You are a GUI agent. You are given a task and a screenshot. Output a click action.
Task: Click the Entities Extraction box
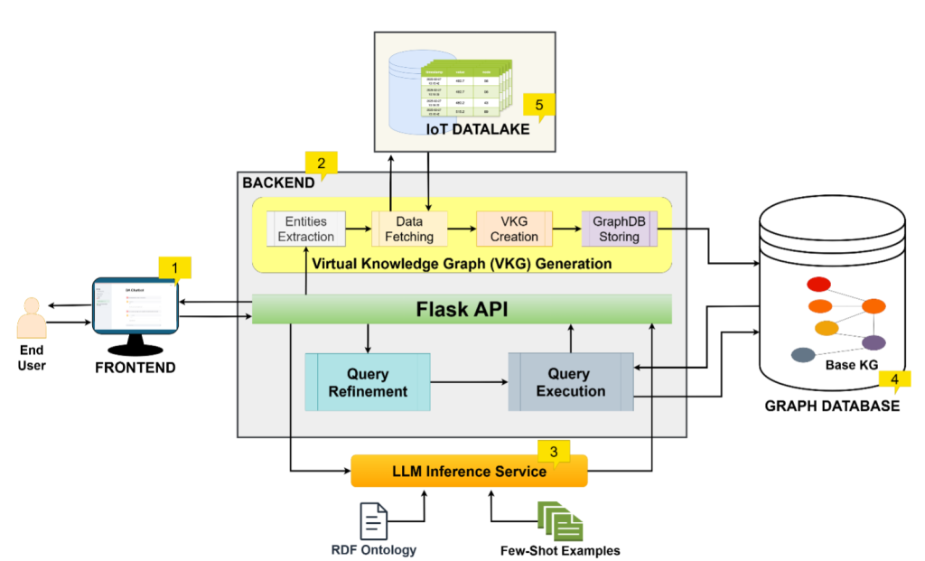click(306, 229)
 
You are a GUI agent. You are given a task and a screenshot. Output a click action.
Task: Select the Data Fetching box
click(408, 229)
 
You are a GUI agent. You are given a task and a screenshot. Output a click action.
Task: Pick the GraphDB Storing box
click(620, 229)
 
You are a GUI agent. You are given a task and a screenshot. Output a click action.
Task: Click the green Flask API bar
click(462, 309)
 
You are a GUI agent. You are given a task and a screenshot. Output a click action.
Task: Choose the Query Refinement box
click(368, 382)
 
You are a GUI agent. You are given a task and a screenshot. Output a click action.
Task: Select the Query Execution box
click(571, 382)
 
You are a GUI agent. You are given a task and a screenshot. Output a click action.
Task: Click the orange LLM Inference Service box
click(469, 472)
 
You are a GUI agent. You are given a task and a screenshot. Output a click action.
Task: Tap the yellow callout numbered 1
click(175, 266)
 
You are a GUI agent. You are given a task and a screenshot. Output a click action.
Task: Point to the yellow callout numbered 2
click(322, 162)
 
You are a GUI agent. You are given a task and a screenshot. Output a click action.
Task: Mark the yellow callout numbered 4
click(894, 380)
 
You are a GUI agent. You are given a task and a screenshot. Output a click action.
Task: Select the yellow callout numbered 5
click(539, 105)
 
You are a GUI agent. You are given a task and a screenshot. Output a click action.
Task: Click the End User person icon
click(32, 318)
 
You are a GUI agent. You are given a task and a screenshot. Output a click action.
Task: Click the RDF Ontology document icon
click(374, 521)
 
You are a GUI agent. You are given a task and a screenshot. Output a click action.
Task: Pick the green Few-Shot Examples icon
click(560, 521)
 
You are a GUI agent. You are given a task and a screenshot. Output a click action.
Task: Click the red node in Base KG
click(818, 285)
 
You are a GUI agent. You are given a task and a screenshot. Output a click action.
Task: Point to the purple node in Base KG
click(873, 342)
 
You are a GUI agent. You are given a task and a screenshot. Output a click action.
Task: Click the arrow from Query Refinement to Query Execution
click(469, 382)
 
